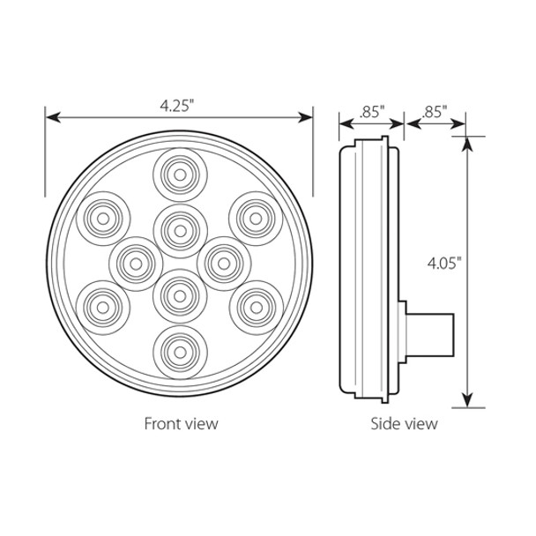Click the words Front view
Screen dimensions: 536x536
181,424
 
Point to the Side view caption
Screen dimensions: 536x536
403,424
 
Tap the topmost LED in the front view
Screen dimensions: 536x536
179,175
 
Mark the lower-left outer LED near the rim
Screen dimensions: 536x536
103,306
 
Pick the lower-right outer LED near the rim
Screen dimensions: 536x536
255,306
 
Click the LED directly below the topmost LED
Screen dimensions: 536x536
179,229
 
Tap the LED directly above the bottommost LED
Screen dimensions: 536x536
179,294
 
